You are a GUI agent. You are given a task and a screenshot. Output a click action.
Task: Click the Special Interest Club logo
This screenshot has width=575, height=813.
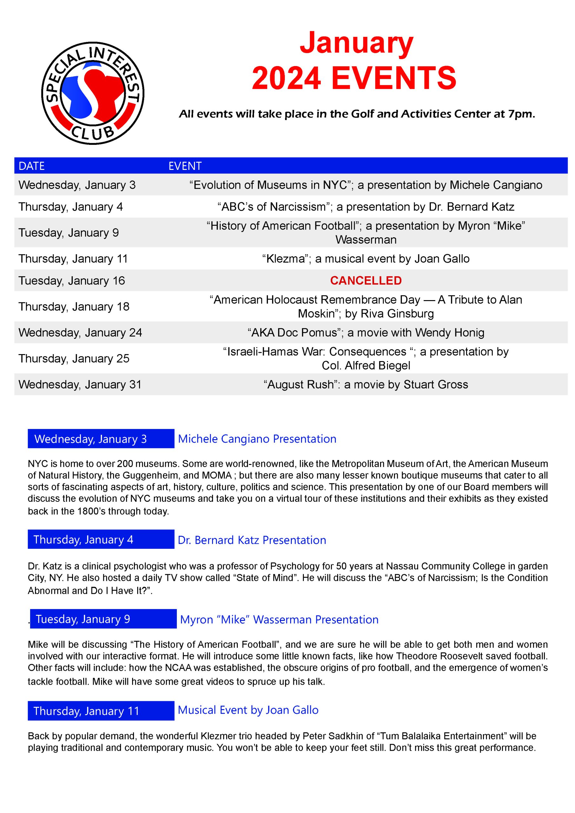(93, 93)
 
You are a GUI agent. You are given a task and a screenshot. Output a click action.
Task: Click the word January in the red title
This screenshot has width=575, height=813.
(356, 43)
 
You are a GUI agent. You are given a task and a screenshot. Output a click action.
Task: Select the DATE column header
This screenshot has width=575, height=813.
(31, 166)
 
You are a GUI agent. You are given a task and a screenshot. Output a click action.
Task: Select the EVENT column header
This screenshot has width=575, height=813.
(185, 166)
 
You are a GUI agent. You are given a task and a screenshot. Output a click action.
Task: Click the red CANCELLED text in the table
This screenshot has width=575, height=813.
(366, 280)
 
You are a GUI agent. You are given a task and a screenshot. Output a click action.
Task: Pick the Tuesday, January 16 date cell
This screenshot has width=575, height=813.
(71, 280)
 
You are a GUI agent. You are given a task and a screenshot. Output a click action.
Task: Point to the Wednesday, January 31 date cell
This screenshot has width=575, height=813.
(80, 384)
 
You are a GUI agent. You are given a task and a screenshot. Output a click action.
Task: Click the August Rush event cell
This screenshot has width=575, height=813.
(366, 384)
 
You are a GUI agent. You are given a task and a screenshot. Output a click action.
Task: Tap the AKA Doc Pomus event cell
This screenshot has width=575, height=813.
(366, 333)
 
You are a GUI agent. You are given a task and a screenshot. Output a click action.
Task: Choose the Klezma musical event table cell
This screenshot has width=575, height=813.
(366, 259)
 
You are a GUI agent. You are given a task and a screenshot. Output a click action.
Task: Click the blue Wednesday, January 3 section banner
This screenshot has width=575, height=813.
(101, 439)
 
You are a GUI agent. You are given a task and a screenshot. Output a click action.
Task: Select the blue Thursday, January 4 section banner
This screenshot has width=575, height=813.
(101, 539)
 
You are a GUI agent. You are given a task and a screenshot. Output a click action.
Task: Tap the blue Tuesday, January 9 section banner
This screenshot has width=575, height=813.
(103, 619)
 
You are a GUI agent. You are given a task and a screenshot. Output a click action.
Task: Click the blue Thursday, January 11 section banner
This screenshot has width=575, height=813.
(101, 711)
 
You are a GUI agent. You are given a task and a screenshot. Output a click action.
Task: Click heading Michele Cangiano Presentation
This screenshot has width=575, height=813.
(257, 439)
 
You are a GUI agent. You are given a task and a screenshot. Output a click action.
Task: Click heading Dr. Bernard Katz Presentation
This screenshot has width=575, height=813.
(252, 540)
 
